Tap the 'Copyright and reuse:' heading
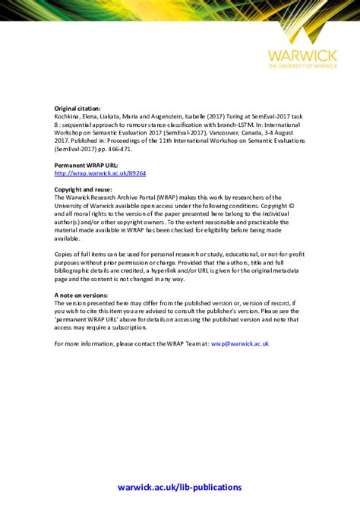click(x=84, y=188)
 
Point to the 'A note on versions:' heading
click(x=81, y=294)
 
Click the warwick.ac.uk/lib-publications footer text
click(x=180, y=487)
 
